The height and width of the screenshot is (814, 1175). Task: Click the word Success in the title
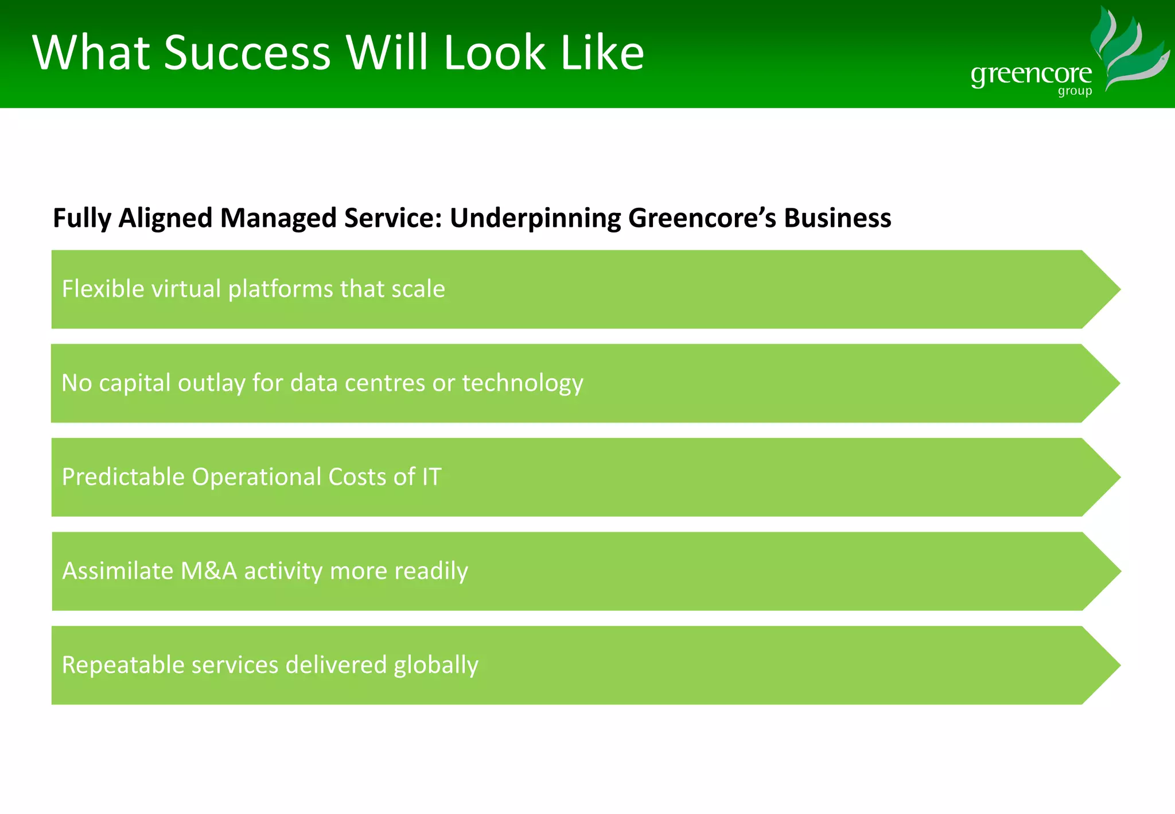point(247,53)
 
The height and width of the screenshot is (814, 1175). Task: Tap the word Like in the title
point(602,53)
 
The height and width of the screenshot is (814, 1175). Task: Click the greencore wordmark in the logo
point(1031,75)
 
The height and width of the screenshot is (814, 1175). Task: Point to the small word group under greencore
point(1075,92)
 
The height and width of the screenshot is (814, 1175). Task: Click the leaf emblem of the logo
point(1127,49)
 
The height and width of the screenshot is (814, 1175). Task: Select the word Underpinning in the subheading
point(535,219)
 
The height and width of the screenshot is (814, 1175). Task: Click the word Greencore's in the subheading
point(702,219)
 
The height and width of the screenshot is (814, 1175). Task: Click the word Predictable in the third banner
point(123,477)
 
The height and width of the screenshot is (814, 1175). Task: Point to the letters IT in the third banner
point(431,477)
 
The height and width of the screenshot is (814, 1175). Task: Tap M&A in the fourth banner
point(208,571)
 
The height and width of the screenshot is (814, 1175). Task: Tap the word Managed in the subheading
point(278,219)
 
